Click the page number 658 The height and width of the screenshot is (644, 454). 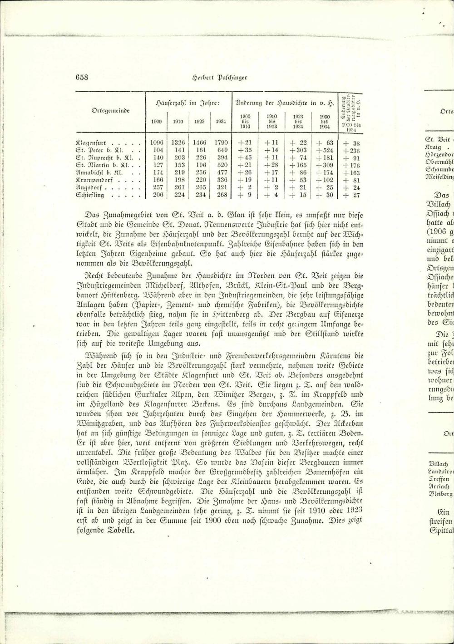click(82, 77)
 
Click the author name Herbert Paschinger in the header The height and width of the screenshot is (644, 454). click(219, 77)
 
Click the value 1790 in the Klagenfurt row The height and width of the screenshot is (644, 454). click(221, 143)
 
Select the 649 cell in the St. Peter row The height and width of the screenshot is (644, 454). click(222, 150)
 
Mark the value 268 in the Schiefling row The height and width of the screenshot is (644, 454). click(221, 195)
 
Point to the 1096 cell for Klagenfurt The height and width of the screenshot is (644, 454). click(157, 143)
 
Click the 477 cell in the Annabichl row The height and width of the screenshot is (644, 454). click(222, 172)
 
